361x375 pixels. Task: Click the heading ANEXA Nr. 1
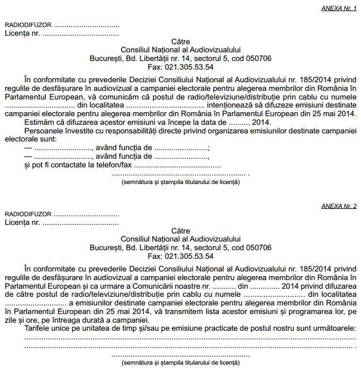point(339,9)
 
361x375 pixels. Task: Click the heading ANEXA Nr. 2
point(339,205)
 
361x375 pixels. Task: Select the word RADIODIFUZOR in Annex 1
point(28,25)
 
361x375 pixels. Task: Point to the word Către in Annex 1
point(180,42)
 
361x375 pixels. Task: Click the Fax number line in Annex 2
point(180,256)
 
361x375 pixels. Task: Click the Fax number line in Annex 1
point(180,67)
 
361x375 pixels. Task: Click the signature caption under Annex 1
point(180,182)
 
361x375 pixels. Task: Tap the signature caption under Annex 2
point(180,363)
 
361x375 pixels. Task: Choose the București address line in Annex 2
point(180,248)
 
